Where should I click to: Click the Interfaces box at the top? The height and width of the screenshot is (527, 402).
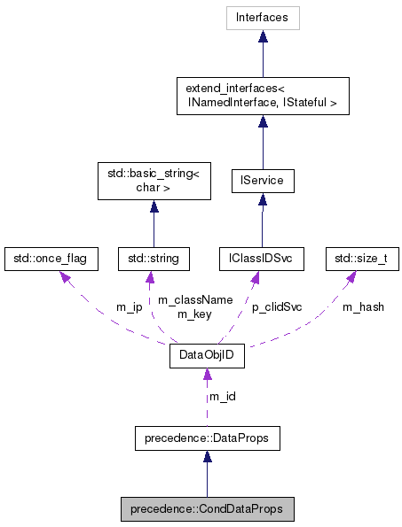click(x=262, y=18)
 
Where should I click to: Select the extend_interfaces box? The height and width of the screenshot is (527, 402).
click(x=262, y=96)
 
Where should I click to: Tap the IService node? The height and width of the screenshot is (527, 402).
click(x=262, y=182)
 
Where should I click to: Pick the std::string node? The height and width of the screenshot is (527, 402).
click(x=154, y=259)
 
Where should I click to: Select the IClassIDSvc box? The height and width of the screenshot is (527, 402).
click(x=262, y=259)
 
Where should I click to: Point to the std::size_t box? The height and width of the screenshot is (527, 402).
click(x=361, y=259)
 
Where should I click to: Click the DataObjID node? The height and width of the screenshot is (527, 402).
click(x=207, y=358)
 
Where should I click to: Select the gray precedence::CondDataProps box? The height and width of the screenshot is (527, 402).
click(x=207, y=509)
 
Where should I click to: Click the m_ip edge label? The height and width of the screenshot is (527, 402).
click(x=130, y=306)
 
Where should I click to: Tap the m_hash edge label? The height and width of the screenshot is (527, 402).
click(x=362, y=306)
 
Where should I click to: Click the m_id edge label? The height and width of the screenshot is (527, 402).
click(x=222, y=396)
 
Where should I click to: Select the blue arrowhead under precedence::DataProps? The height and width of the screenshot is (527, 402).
click(x=207, y=455)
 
